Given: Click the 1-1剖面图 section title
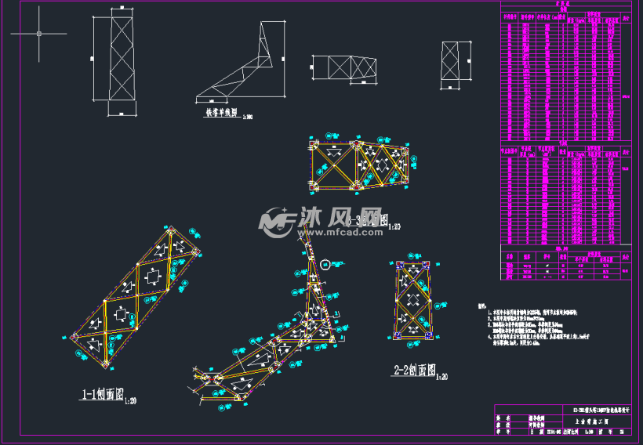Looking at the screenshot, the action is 102,395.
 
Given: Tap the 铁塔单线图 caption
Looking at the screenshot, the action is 223,113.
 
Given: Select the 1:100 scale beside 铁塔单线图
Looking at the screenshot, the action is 249,117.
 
